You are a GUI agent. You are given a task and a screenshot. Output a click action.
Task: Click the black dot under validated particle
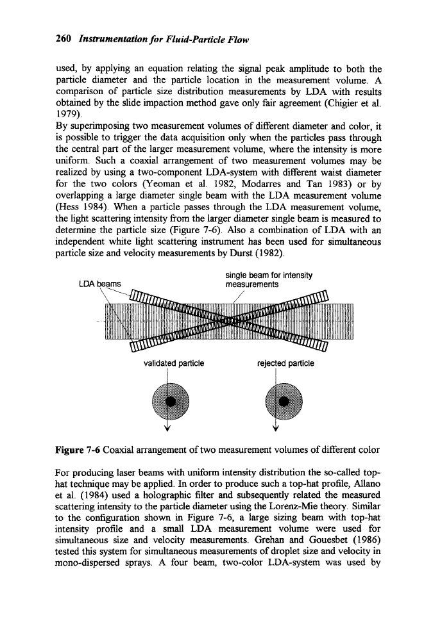point(171,400)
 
